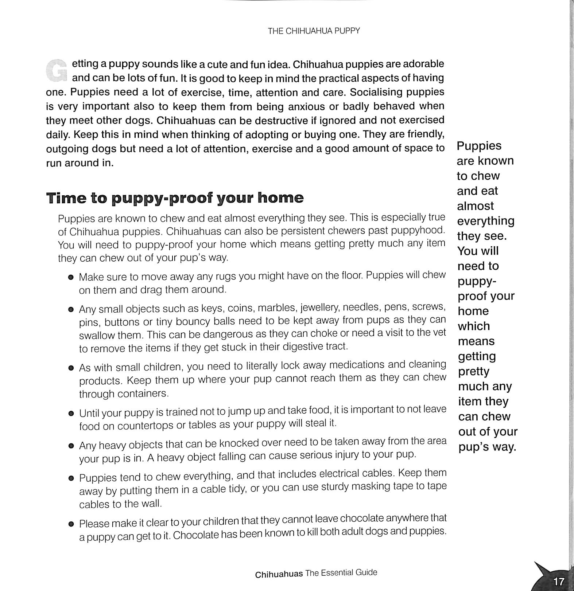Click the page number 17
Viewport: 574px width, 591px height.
[x=558, y=581]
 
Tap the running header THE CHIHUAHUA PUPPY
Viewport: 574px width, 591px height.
[x=314, y=31]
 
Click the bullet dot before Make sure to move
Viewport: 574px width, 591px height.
[x=71, y=277]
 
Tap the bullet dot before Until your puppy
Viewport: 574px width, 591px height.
[x=71, y=414]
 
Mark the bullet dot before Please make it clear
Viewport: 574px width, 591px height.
[x=71, y=524]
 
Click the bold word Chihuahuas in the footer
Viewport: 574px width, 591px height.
[x=279, y=575]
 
